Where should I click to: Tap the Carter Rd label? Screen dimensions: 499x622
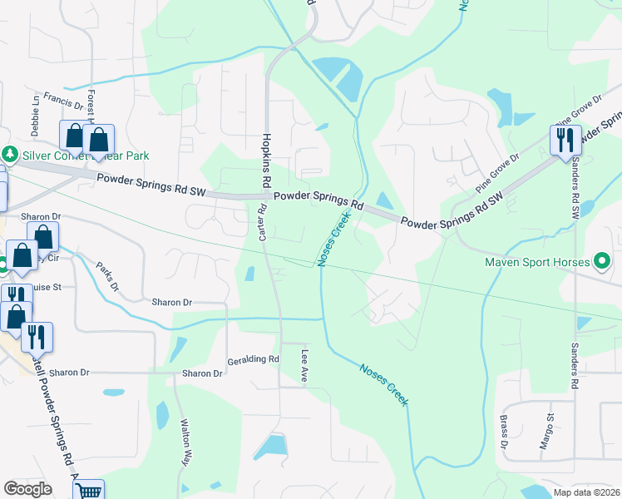click(261, 225)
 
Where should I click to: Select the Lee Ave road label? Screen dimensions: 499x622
click(304, 366)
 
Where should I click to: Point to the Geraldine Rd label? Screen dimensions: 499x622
click(253, 359)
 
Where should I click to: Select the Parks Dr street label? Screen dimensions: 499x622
click(106, 278)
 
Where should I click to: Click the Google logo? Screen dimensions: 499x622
click(27, 489)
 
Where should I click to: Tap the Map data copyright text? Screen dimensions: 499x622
click(587, 492)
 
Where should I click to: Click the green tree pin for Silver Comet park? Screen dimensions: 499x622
click(10, 155)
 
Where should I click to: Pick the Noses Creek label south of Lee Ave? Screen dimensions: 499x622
click(383, 384)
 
